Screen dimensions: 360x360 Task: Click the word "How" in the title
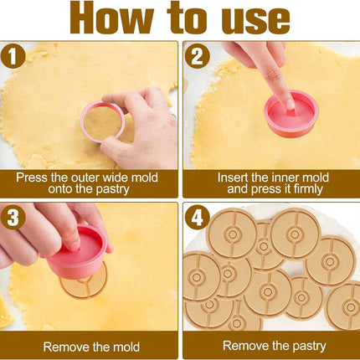pyautogui.click(x=111, y=18)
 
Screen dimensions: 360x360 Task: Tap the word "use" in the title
pyautogui.click(x=255, y=21)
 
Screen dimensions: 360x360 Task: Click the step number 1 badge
pyautogui.click(x=13, y=56)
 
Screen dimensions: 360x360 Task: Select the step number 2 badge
pyautogui.click(x=197, y=56)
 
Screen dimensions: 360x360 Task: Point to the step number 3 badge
pyautogui.click(x=13, y=217)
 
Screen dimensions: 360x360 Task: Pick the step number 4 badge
pyautogui.click(x=197, y=217)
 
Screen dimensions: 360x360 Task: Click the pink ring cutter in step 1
pyautogui.click(x=83, y=123)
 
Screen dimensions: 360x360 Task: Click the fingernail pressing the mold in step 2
pyautogui.click(x=291, y=105)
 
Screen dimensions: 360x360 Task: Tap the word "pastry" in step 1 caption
pyautogui.click(x=113, y=189)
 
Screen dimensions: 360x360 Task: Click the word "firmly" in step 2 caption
pyautogui.click(x=308, y=189)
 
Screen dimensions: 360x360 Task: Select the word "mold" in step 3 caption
pyautogui.click(x=126, y=347)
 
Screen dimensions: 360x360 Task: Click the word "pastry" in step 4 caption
pyautogui.click(x=310, y=346)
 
